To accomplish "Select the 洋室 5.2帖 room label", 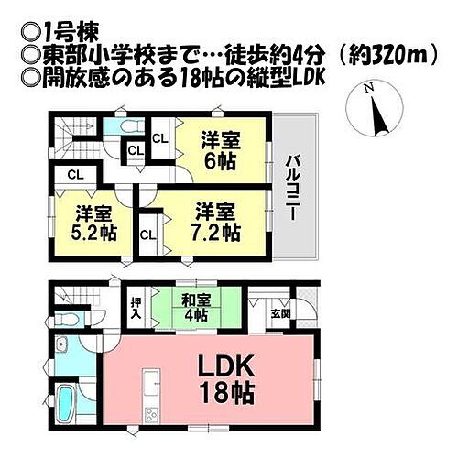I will (x=93, y=222).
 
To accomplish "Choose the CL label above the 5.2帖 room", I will (x=76, y=175).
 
